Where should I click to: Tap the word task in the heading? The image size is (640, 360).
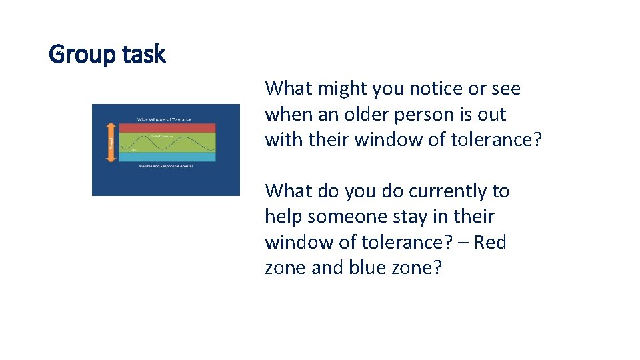143,54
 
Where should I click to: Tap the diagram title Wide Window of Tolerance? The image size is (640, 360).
165,119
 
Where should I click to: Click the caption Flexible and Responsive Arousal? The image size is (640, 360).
165,166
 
